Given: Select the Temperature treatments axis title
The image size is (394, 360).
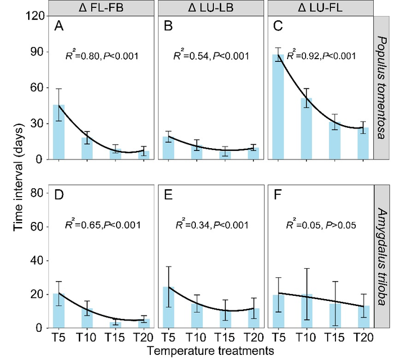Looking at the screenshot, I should (210, 351).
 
